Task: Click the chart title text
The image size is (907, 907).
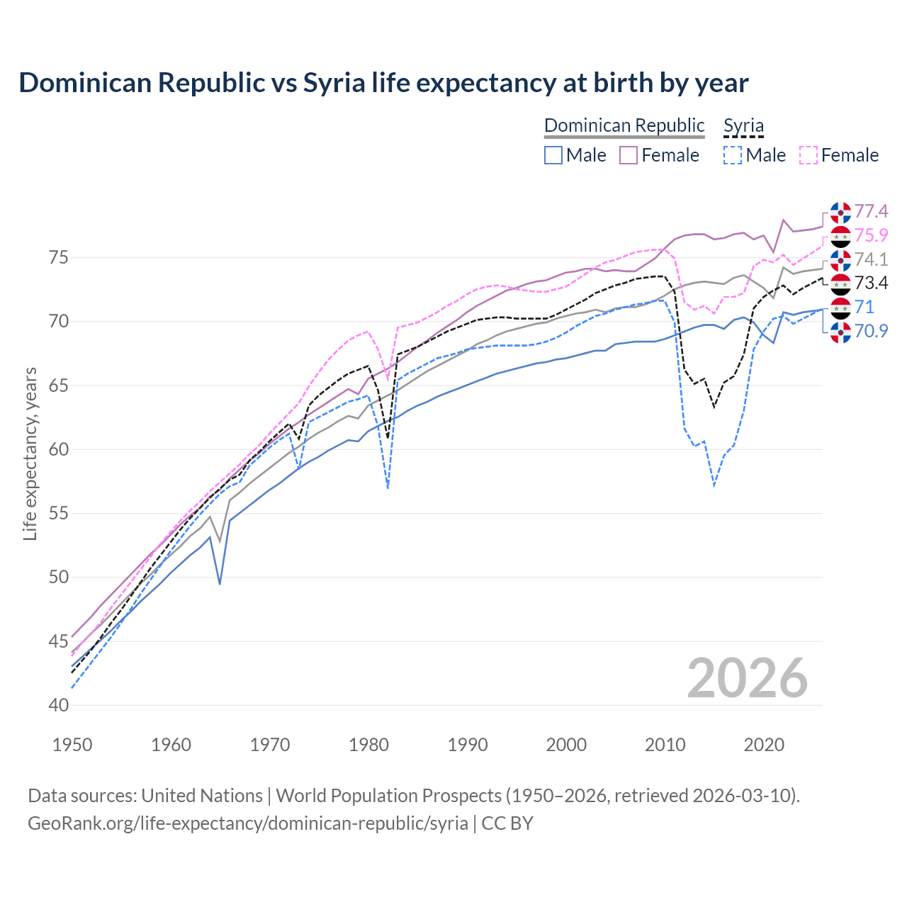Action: [383, 83]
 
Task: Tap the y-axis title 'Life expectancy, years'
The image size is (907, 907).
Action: [30, 453]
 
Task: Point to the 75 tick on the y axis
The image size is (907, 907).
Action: [59, 257]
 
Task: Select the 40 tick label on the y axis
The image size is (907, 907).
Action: [59, 705]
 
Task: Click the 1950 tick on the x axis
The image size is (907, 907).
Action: [72, 745]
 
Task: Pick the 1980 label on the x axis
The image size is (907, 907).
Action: [368, 745]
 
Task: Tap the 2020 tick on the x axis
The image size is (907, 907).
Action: [764, 745]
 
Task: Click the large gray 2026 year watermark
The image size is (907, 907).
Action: [748, 678]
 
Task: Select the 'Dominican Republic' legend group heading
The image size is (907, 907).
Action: [624, 125]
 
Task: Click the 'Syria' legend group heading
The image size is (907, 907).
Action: [743, 125]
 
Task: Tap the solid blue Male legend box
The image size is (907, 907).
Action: [553, 155]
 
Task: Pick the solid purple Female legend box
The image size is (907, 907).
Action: [629, 155]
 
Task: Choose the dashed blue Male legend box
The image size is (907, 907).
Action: [733, 155]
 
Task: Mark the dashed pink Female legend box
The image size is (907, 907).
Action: [808, 155]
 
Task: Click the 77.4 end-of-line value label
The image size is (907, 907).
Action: [871, 211]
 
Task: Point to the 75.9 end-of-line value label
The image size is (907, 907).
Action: [871, 235]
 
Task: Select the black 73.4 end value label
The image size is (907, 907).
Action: [871, 283]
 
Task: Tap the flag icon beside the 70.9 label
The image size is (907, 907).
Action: [840, 332]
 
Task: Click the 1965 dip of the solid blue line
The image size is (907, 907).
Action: [220, 583]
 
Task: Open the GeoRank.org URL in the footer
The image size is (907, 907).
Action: [248, 823]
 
